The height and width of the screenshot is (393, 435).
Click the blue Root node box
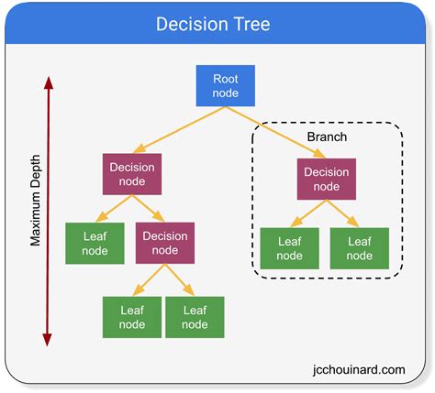pyautogui.click(x=225, y=85)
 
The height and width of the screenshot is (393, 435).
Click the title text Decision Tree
pyautogui.click(x=212, y=24)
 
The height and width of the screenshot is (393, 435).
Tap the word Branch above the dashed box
pyautogui.click(x=328, y=136)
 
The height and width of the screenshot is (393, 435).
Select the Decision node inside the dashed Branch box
pyautogui.click(x=326, y=179)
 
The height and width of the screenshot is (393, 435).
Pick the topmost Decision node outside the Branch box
pyautogui.click(x=132, y=174)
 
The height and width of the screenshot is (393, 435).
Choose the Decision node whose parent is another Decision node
pyautogui.click(x=165, y=243)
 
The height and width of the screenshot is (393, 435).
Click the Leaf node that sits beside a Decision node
pyautogui.click(x=95, y=243)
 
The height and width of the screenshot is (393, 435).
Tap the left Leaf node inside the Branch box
pyautogui.click(x=290, y=248)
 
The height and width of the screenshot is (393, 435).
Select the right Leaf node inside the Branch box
pyautogui.click(x=360, y=248)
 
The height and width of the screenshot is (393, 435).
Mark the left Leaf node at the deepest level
pyautogui.click(x=131, y=317)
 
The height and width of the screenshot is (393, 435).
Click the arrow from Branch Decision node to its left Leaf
pyautogui.click(x=307, y=213)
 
